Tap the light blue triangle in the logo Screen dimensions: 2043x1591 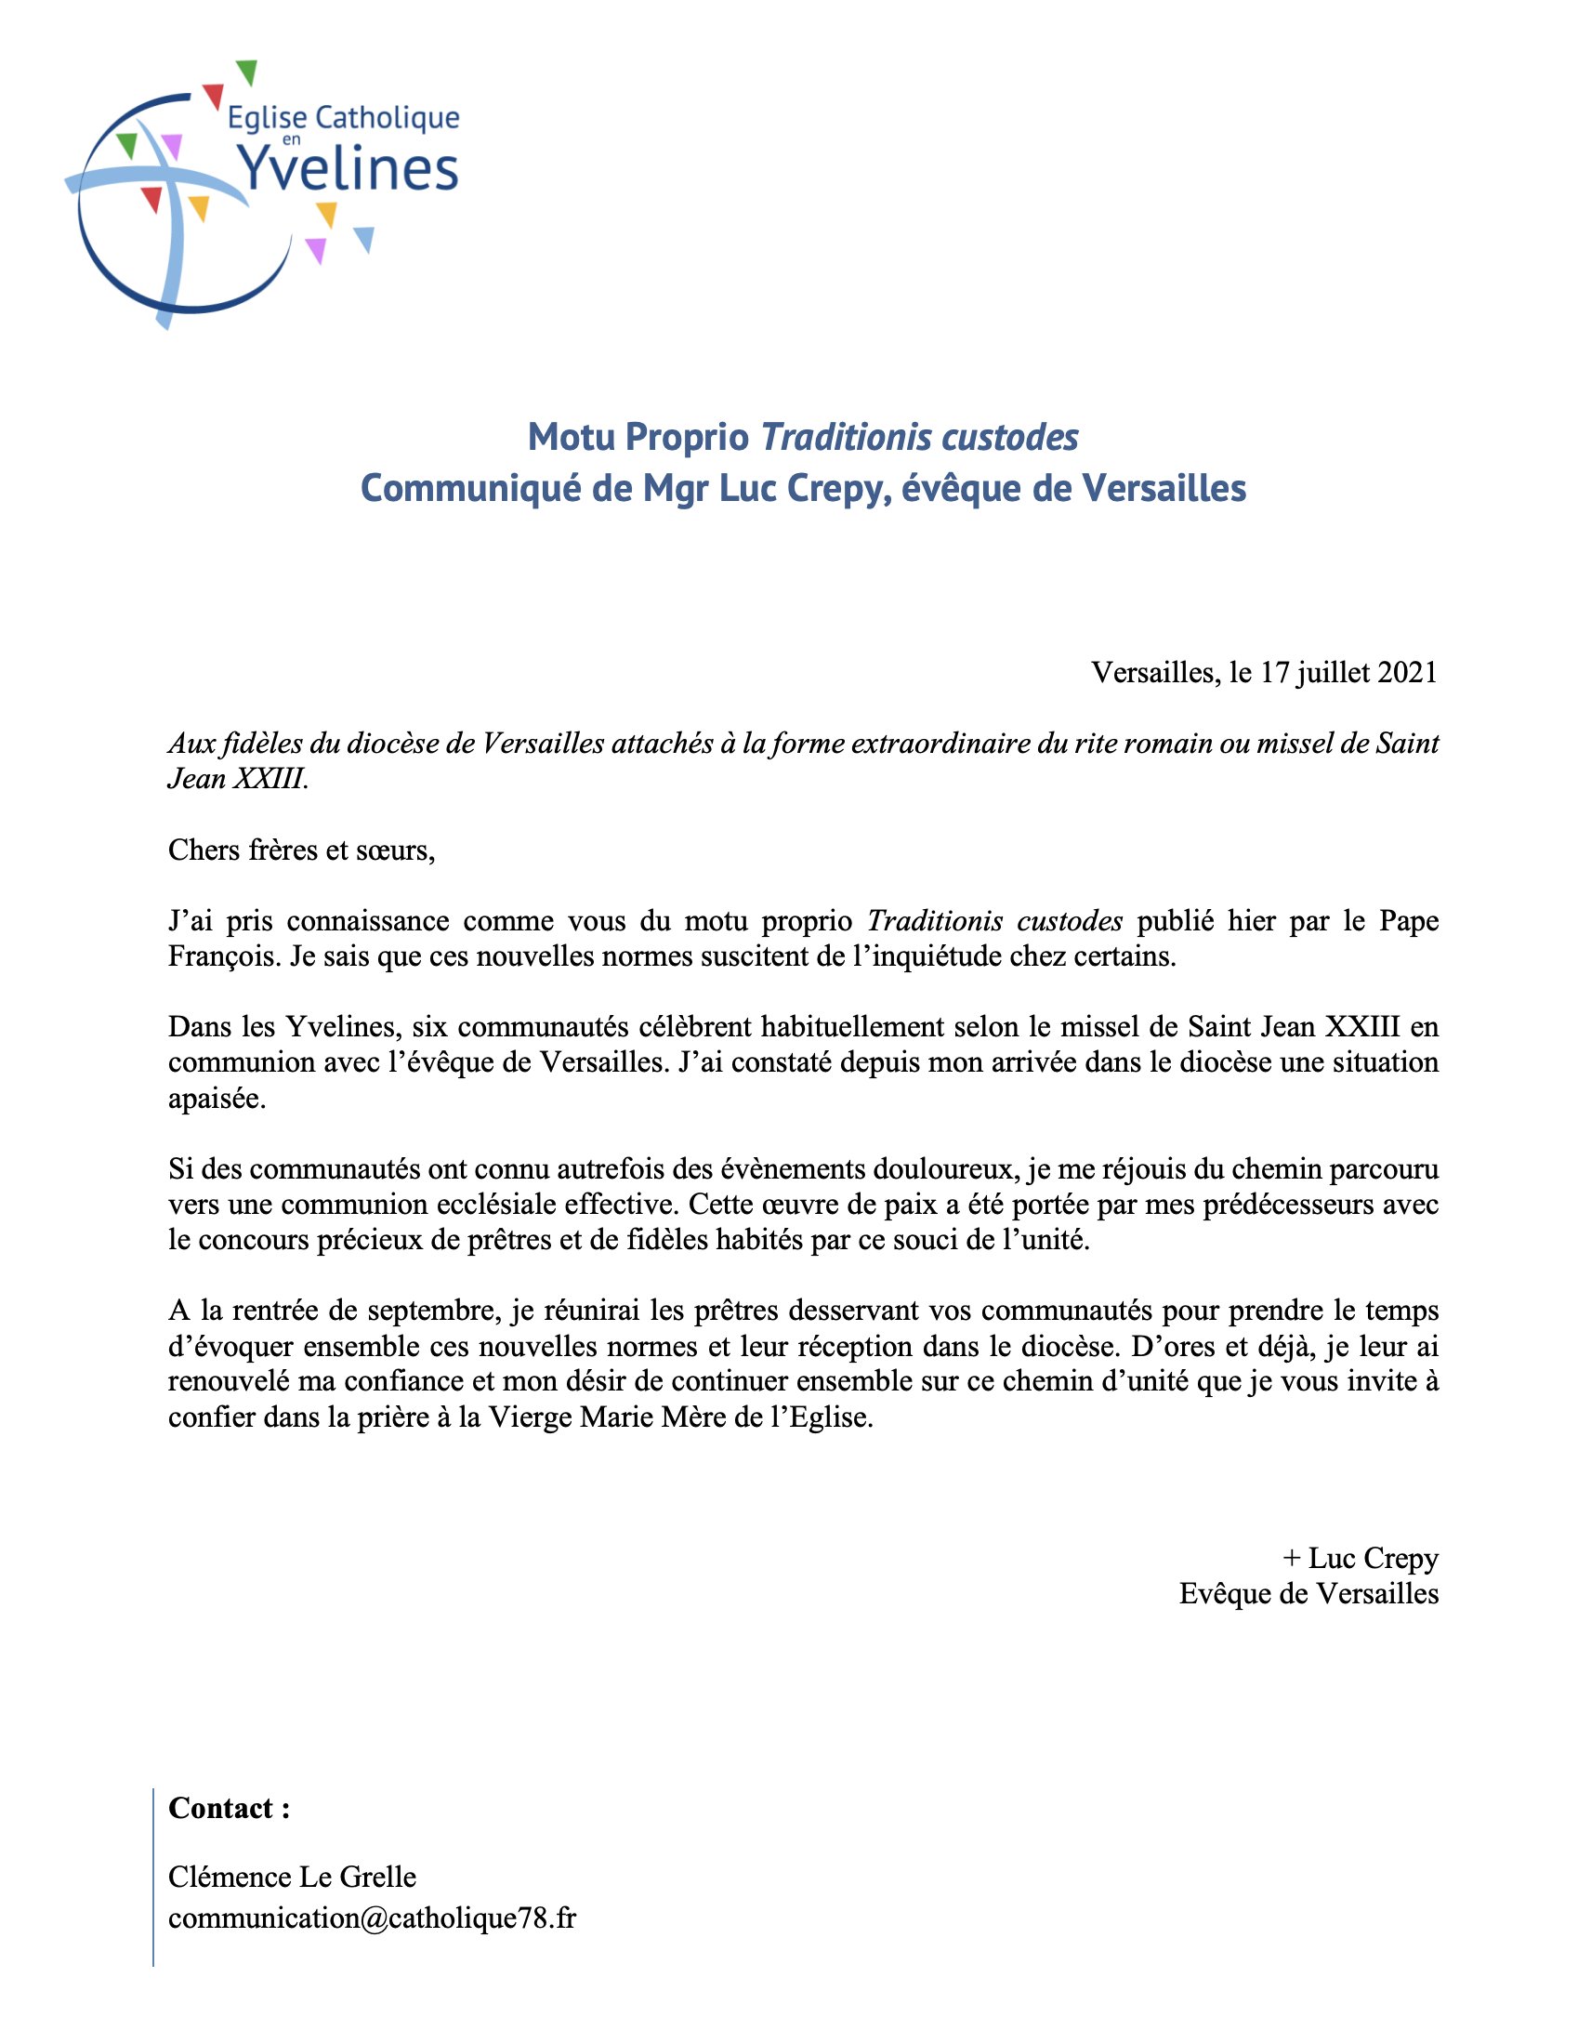point(365,239)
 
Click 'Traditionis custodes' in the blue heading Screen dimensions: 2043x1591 point(919,437)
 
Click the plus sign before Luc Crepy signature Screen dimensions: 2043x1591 point(1292,1558)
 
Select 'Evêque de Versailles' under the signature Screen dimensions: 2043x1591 point(1308,1593)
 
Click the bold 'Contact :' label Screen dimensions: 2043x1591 point(230,1808)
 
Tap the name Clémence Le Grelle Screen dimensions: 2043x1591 point(292,1877)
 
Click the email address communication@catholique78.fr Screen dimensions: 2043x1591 point(372,1918)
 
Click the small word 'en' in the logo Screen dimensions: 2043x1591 point(291,140)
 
